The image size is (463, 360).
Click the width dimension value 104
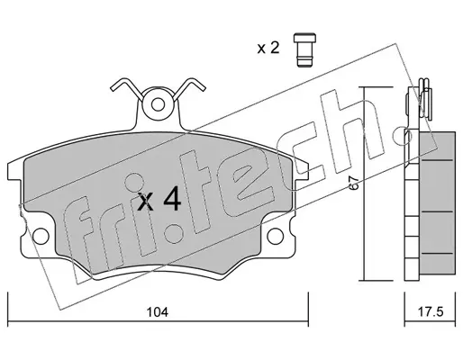coord(158,312)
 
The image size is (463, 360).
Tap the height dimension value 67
coord(354,183)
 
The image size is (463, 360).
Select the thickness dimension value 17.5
coord(431,312)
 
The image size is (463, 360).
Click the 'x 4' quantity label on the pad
coord(159,199)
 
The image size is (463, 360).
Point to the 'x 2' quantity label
coord(268,48)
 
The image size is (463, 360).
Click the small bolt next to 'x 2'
coord(304,49)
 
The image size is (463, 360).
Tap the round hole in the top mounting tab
coord(158,105)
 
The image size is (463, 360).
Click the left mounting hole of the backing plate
coord(41,236)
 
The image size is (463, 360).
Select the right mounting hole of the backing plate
coord(275,236)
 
